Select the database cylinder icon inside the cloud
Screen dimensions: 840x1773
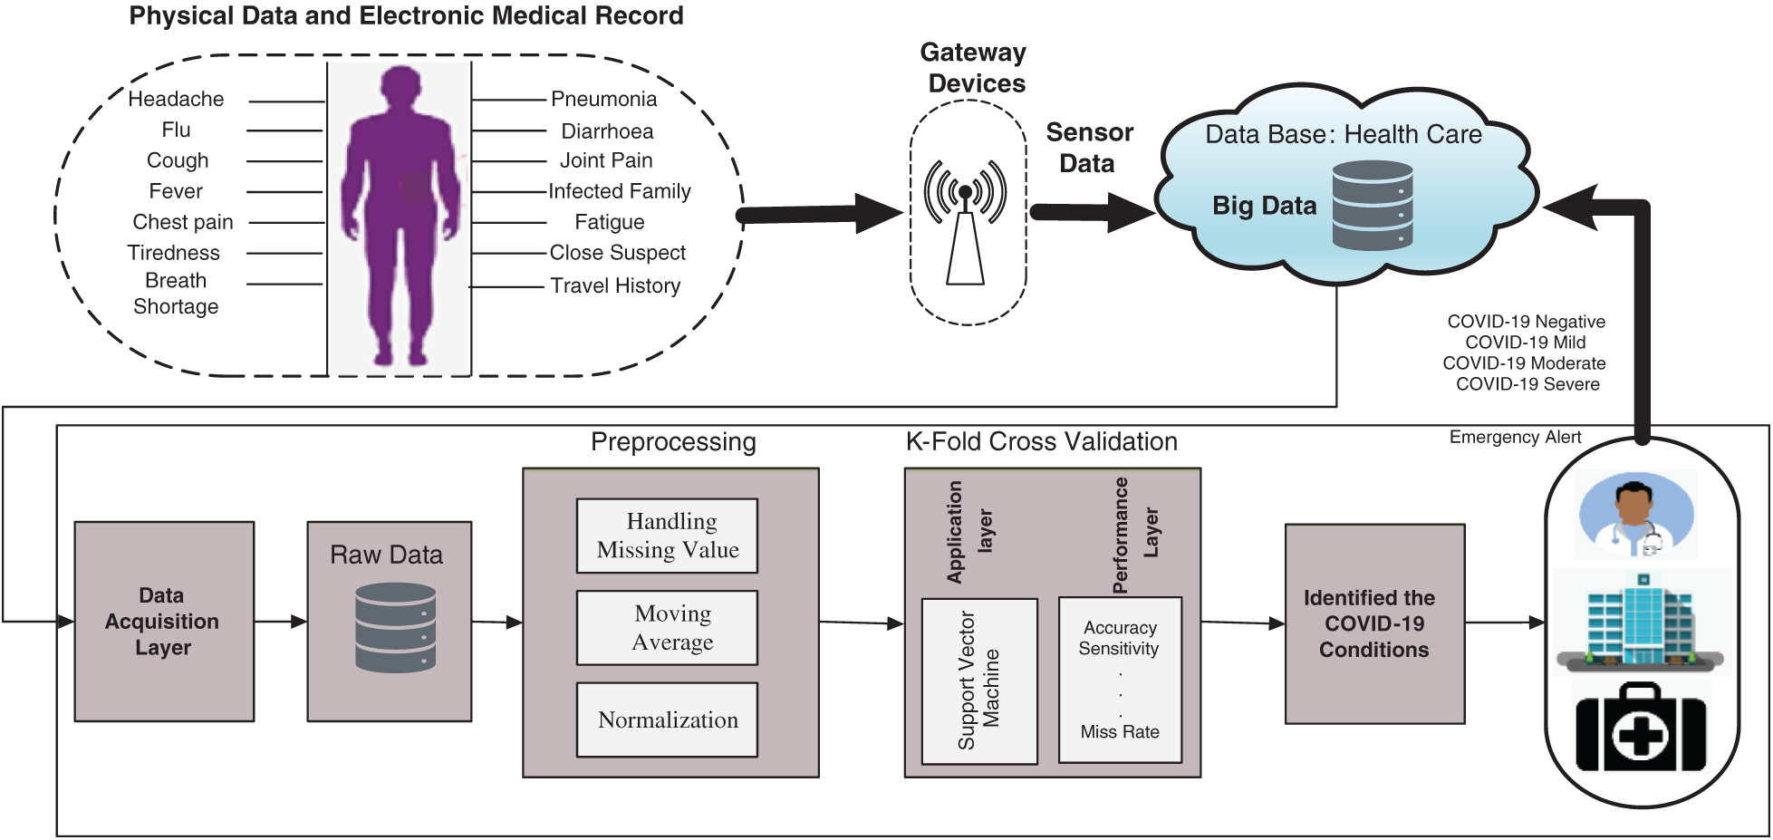tap(1373, 206)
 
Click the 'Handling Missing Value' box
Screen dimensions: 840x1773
tap(668, 536)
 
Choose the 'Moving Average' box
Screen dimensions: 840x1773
tap(668, 628)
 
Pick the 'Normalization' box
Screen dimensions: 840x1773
tap(668, 719)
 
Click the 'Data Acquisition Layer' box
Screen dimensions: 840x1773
tap(164, 622)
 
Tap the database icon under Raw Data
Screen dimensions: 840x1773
tap(396, 627)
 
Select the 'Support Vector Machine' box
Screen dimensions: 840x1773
tap(979, 681)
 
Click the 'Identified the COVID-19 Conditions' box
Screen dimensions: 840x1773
tap(1374, 623)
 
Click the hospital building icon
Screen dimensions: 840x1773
tap(1641, 623)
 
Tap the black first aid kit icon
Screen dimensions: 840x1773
tap(1641, 729)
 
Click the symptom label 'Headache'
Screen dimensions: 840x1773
tap(176, 99)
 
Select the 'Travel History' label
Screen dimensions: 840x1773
tap(615, 285)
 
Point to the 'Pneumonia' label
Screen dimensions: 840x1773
tap(603, 99)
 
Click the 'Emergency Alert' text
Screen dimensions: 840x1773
tap(1515, 437)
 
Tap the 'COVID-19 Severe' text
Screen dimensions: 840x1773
tap(1527, 384)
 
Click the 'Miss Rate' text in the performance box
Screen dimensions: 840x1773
tap(1120, 731)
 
